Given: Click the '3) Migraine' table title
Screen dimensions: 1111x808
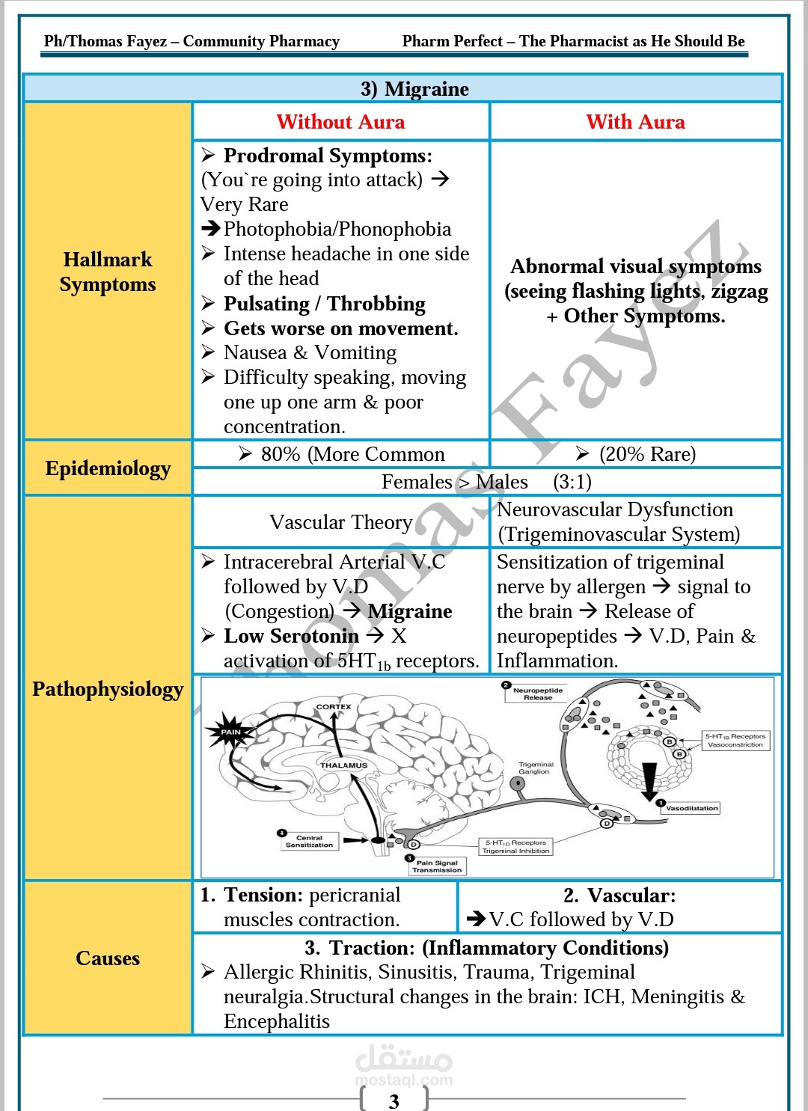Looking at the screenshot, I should point(414,89).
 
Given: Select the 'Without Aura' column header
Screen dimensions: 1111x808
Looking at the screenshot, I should point(340,122).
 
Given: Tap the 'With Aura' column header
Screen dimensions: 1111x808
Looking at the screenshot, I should point(635,122).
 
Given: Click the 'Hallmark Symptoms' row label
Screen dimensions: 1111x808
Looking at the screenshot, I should point(108,272).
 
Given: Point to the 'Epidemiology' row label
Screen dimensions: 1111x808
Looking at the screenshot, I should point(108,468).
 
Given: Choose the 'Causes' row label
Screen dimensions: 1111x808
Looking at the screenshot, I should point(108,958).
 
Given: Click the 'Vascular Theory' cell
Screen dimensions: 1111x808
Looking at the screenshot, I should point(341,522).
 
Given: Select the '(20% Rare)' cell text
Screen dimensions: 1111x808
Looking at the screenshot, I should point(647,454).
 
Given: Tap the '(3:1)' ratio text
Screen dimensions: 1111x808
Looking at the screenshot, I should point(572,482).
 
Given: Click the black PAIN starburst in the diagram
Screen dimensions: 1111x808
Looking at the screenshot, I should point(230,732).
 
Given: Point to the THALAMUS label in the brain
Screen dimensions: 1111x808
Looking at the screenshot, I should point(343,765).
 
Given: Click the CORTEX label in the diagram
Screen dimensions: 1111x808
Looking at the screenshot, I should point(333,706).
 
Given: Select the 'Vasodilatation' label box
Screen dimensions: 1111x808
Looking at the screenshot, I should point(691,808).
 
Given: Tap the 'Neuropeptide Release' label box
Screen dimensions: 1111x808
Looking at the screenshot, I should point(538,694).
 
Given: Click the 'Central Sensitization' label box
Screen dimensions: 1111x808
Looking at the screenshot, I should point(309,841).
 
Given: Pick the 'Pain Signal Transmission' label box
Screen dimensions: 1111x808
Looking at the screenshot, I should point(437,866).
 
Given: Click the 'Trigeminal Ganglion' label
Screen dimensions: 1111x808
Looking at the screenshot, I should point(536,768).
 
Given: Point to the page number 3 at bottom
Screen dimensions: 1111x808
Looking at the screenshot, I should point(394,1101).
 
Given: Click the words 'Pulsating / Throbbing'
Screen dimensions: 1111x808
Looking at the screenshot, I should point(324,304).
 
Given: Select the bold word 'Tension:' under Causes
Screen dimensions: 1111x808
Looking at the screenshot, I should point(263,896).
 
